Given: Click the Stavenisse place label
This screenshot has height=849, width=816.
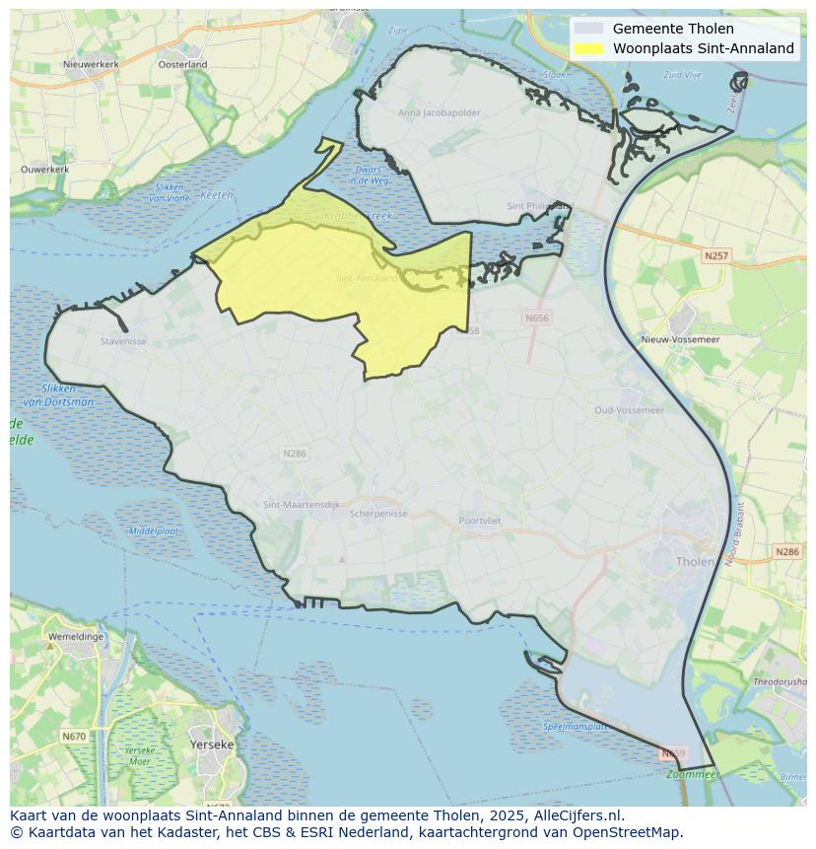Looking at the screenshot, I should pos(123,341).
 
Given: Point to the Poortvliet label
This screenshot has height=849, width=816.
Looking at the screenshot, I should pos(480,521).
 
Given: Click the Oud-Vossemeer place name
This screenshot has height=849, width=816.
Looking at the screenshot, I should pos(629,410).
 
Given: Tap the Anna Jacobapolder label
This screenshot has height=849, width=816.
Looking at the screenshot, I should pos(440,112).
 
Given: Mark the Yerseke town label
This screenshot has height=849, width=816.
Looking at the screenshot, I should pos(212,744).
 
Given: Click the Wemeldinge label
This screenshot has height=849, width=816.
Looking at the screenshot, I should pos(76,636).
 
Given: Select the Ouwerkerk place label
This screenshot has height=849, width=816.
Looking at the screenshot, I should pos(44,170).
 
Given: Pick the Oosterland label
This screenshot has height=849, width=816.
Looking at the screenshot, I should pos(183,64).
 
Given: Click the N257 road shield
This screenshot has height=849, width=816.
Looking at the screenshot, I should pos(716,255).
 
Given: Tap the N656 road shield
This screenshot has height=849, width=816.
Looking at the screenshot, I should pos(537,318).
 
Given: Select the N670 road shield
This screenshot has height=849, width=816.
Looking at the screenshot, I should pos(74,736).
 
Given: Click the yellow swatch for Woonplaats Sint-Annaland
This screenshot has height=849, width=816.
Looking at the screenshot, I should pos(587,48).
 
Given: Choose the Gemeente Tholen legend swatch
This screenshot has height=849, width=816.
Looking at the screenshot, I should pos(587,29).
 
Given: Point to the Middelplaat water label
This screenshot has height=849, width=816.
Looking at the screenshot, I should pos(154,531).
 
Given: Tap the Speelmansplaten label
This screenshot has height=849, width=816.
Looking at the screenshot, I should pos(576,727).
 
